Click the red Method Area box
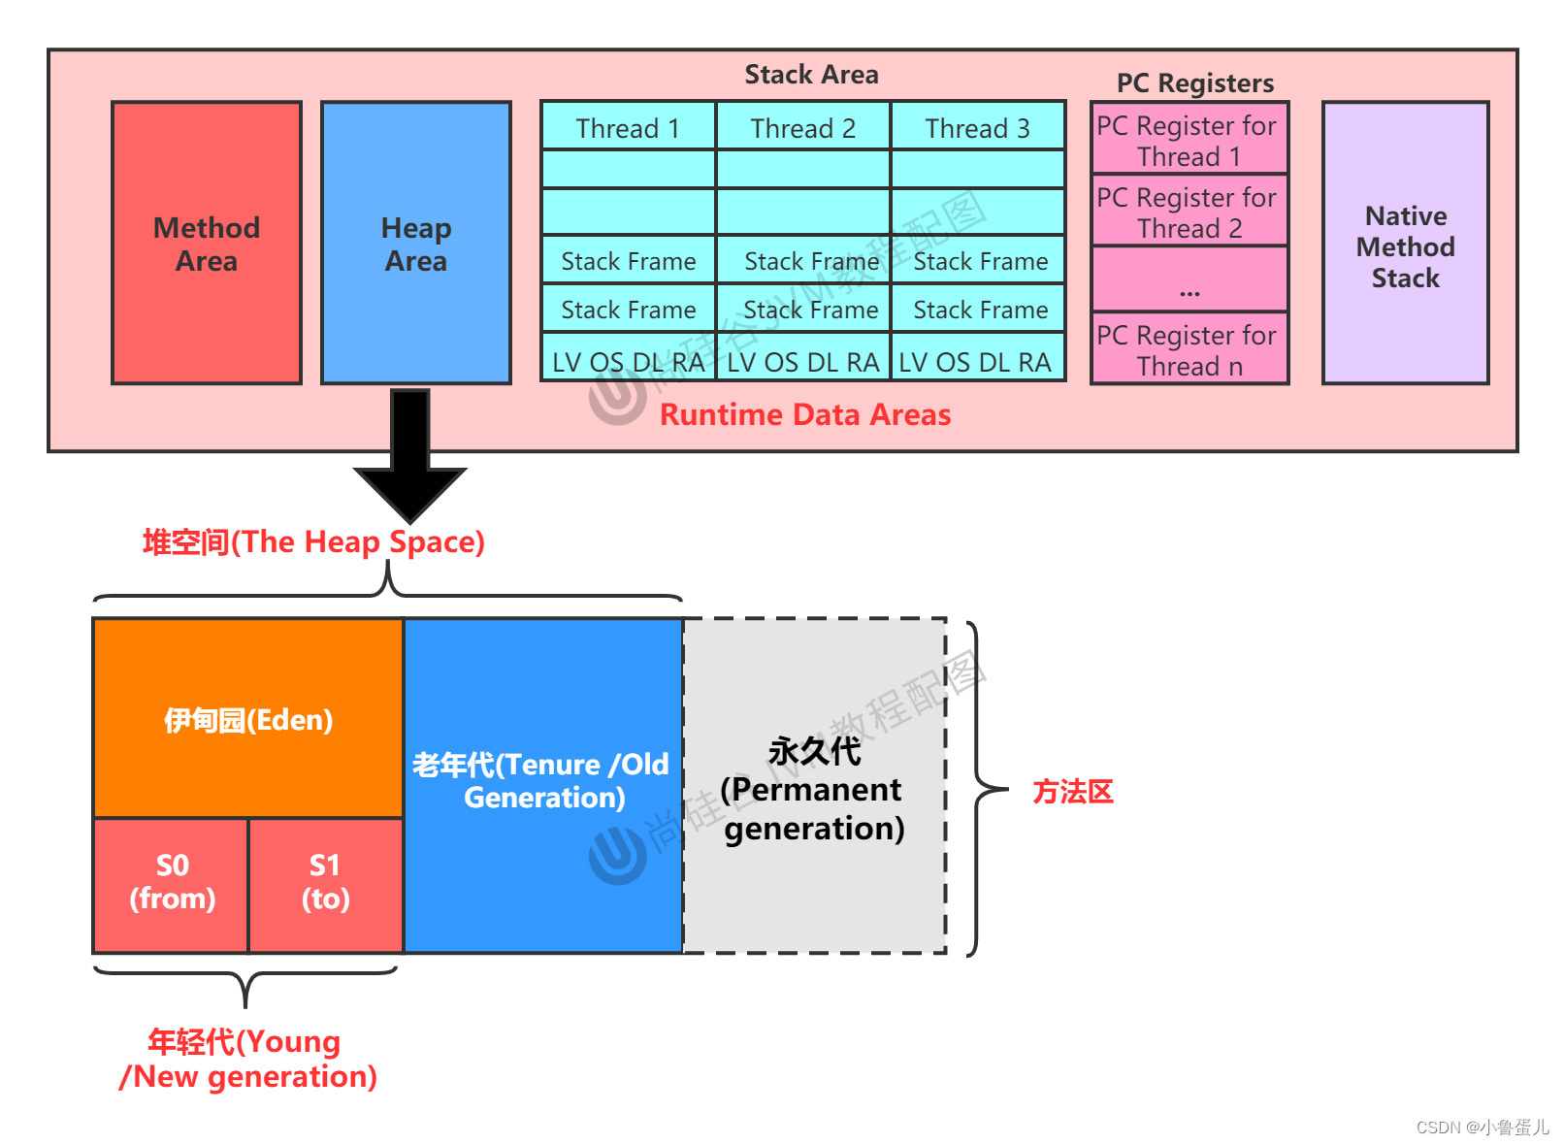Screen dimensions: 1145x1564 pos(206,243)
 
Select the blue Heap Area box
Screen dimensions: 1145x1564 pos(415,243)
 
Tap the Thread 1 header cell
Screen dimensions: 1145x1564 pos(628,127)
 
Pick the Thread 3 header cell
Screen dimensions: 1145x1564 pos(977,127)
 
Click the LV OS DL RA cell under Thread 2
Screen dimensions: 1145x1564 pos(802,361)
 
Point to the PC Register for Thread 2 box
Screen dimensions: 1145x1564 pos(1189,212)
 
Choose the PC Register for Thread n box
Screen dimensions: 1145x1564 pos(1189,349)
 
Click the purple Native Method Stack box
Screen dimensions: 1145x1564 pos(1405,245)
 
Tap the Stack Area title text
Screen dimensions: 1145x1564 pos(811,75)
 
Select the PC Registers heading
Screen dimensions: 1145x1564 pos(1194,83)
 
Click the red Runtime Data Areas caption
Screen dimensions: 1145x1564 pos(805,415)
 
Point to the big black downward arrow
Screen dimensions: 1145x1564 pos(410,456)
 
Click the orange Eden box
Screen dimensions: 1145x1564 pos(248,719)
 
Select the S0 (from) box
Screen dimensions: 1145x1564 pos(172,883)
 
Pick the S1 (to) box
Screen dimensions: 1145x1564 pos(325,883)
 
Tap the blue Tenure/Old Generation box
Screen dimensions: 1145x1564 pos(542,782)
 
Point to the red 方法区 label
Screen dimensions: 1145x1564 pos(1072,792)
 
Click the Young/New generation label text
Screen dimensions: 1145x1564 pos(247,1059)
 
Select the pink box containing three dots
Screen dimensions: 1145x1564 pos(1189,279)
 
